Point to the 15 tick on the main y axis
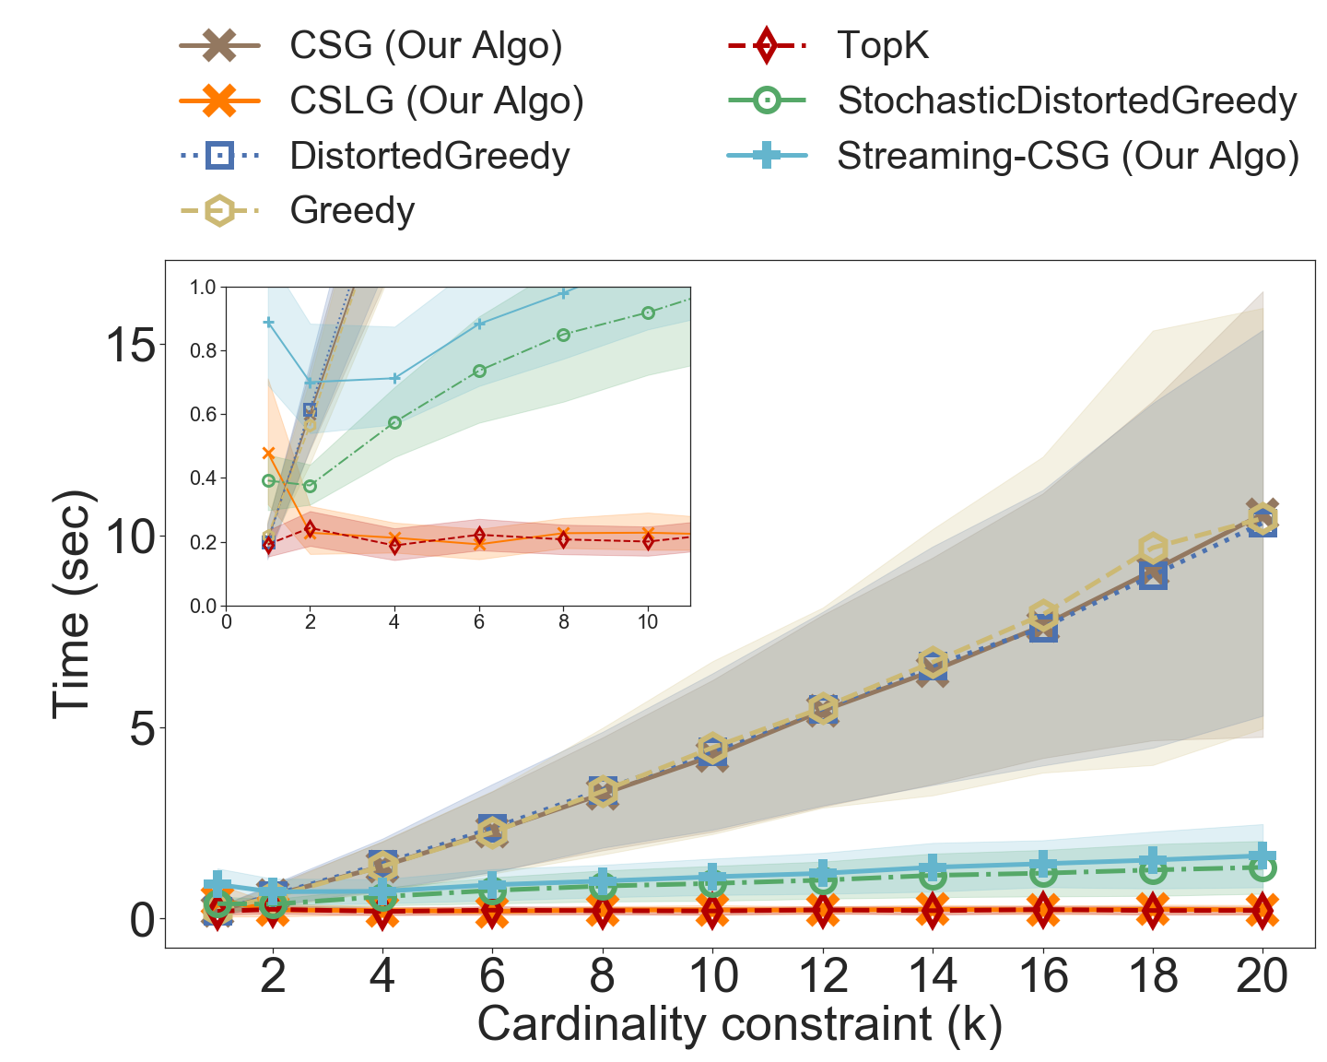[130, 346]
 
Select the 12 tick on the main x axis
[822, 975]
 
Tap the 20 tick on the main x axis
[1262, 975]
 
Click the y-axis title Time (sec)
[72, 604]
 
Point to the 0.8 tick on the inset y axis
[203, 351]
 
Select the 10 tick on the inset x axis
[648, 622]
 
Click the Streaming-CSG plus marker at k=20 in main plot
[1262, 855]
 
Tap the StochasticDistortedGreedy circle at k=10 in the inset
[648, 313]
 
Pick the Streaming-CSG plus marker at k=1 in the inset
[269, 323]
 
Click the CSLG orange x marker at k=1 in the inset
[269, 454]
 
